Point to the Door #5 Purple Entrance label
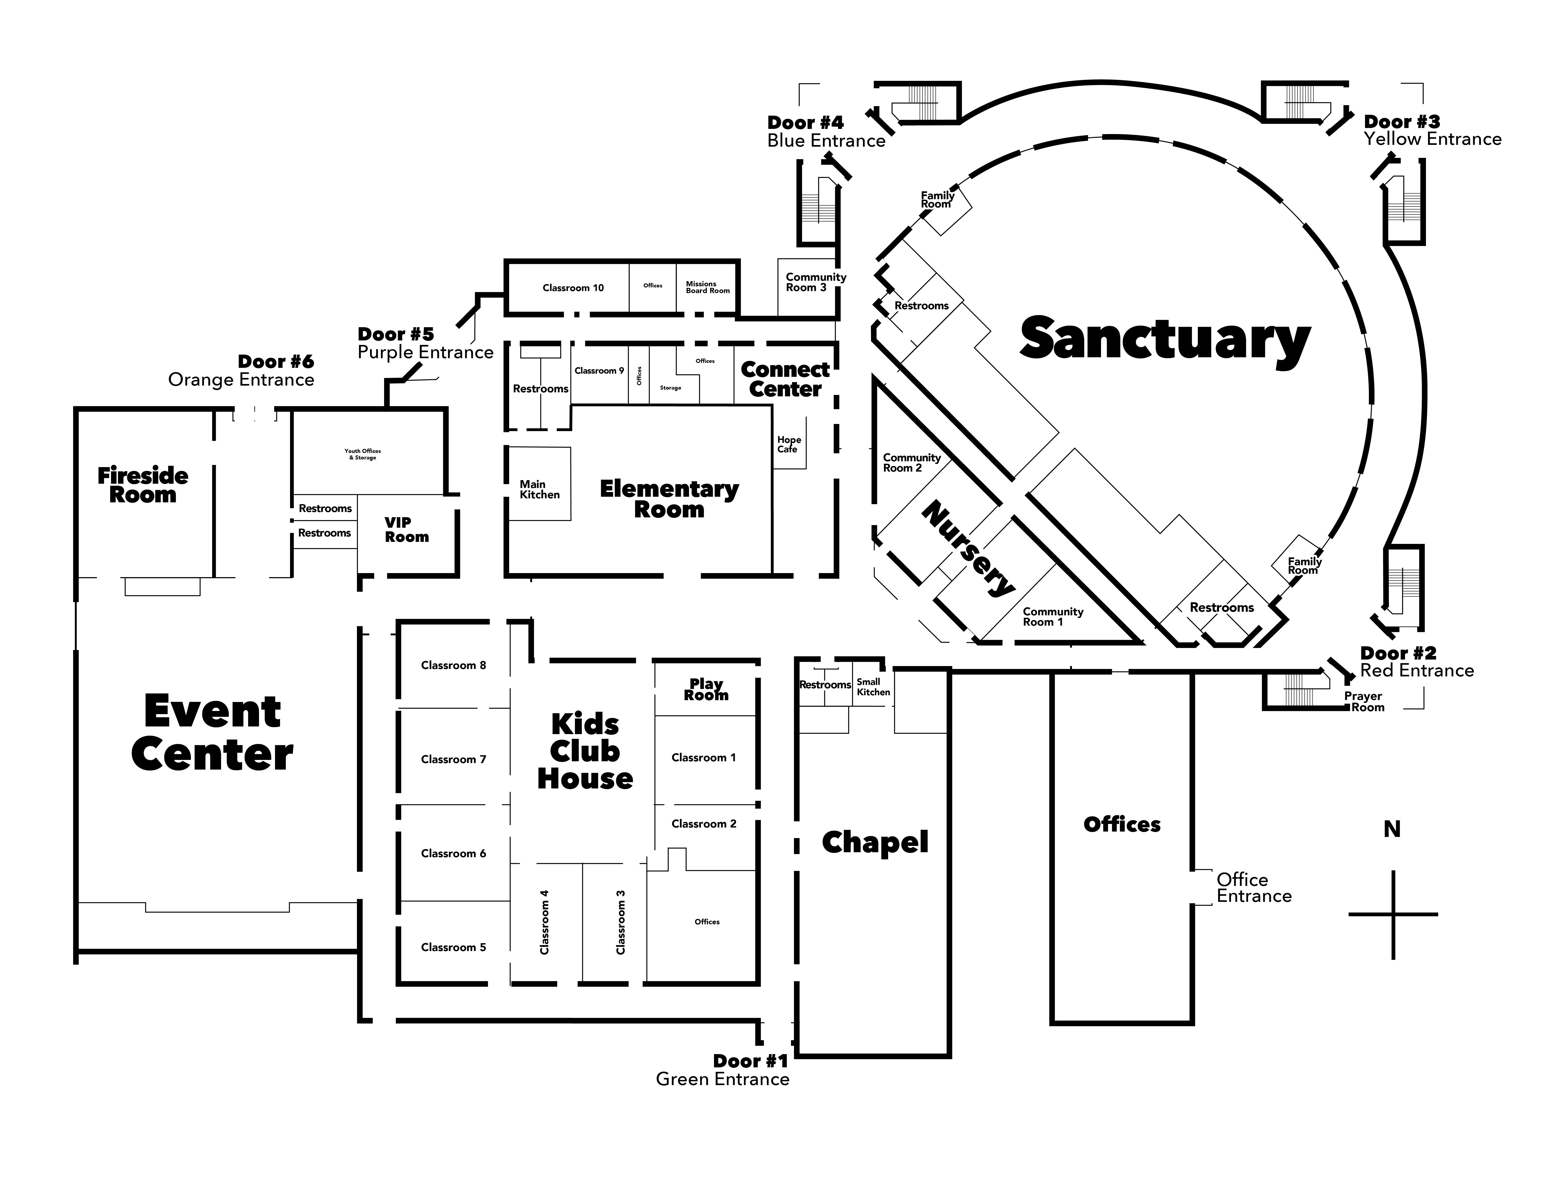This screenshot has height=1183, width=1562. (x=425, y=343)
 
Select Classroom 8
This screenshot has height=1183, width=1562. (x=453, y=665)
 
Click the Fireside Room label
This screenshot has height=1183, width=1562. (x=143, y=485)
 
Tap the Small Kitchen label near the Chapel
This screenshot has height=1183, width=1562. (x=873, y=686)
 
